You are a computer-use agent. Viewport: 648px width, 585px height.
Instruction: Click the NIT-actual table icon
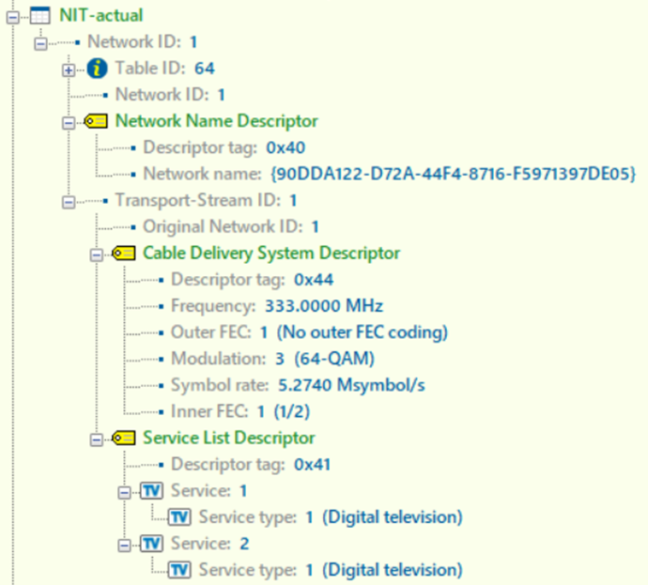40,16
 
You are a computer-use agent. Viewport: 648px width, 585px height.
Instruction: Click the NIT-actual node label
101,16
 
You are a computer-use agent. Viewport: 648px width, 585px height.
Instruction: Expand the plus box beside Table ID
69,70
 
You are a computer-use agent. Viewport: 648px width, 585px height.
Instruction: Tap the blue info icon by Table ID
97,69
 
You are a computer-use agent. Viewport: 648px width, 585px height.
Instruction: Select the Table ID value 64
205,69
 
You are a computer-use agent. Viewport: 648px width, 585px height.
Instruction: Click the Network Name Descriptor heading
217,121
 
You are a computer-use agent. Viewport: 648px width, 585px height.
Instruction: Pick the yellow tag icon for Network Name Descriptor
96,121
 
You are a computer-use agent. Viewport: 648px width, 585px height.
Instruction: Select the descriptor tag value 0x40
285,148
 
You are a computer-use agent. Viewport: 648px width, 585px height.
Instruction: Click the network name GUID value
453,174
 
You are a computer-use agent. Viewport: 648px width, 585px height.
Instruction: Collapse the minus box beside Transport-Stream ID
69,202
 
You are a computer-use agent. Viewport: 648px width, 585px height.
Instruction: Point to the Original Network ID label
223,227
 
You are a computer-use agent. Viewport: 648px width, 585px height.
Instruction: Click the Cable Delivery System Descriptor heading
271,254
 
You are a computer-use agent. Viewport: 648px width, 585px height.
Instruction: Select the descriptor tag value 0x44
314,280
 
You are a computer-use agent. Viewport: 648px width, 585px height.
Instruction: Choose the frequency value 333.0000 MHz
324,306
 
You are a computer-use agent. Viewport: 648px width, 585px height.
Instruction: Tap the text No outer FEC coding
362,332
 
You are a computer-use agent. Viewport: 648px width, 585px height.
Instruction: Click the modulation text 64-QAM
334,359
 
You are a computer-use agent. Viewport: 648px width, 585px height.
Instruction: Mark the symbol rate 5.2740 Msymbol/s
351,385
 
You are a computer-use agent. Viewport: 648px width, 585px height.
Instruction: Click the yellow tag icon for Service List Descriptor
124,438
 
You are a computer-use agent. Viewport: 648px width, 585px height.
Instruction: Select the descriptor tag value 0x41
313,465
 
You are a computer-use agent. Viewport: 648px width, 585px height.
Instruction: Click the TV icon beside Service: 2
151,544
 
